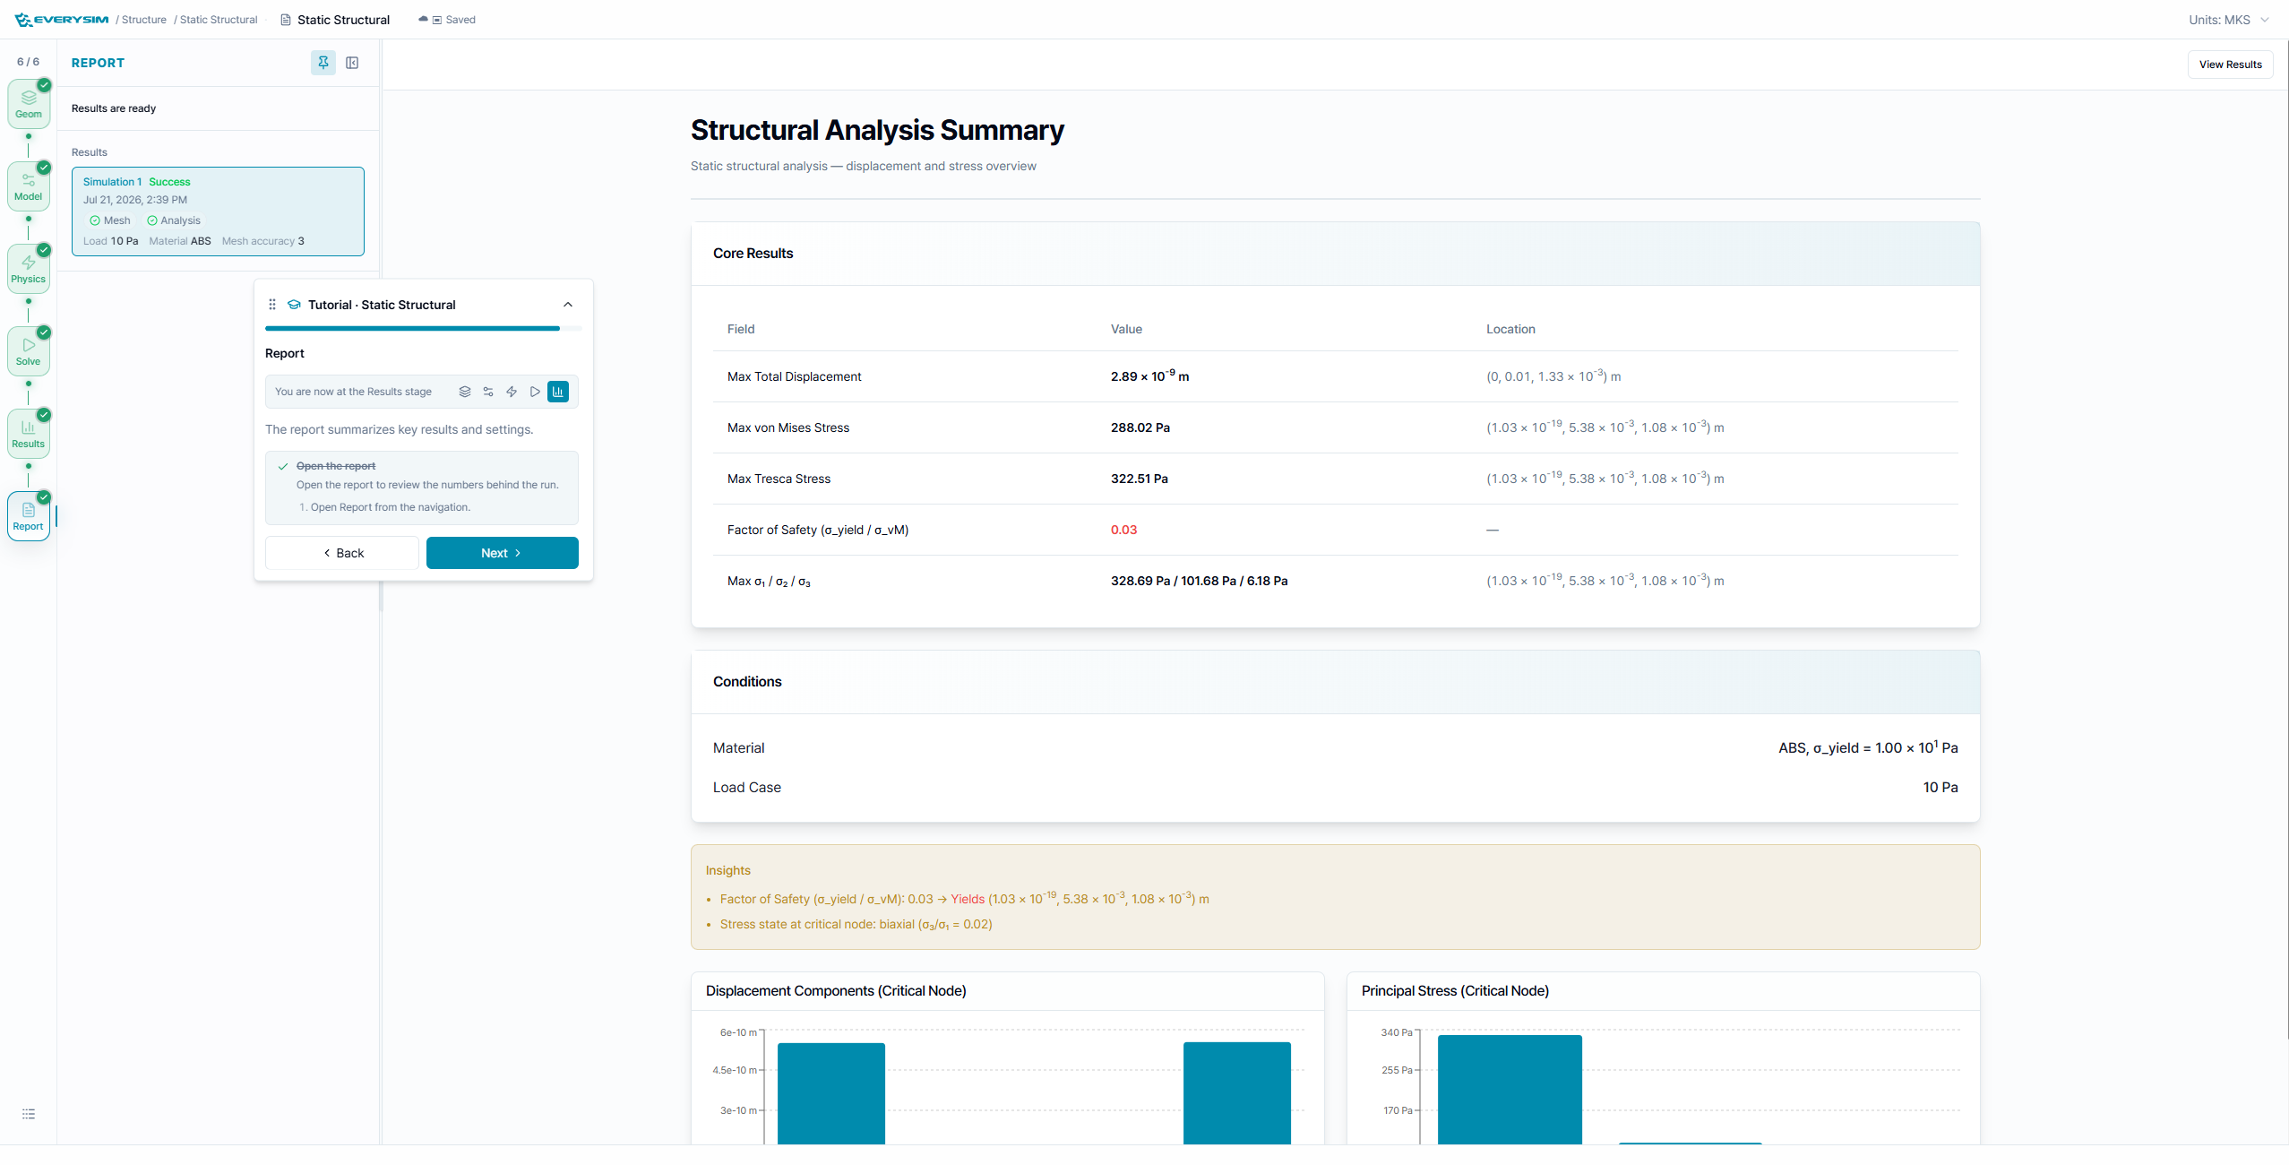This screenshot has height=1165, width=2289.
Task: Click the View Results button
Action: coord(2230,65)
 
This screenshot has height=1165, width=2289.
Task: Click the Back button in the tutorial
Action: coord(342,553)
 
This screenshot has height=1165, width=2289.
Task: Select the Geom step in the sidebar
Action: coord(29,104)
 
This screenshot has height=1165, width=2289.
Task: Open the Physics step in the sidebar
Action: coord(29,269)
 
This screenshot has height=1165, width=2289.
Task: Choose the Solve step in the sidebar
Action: coord(29,351)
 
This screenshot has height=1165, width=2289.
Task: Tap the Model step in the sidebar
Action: coord(29,186)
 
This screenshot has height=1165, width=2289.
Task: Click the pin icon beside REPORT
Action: coord(323,63)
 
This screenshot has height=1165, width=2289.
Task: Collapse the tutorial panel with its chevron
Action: coord(568,305)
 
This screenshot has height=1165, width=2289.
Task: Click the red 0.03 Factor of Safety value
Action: coord(1123,530)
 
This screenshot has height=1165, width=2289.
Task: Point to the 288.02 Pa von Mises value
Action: coord(1140,427)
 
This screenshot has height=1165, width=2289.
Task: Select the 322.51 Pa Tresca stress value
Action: coord(1139,479)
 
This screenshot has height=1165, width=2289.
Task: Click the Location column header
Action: coord(1510,329)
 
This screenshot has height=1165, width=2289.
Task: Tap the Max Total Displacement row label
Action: coord(794,376)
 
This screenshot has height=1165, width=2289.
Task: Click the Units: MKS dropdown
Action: coord(2228,20)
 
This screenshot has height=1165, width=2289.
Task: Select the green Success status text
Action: coord(169,182)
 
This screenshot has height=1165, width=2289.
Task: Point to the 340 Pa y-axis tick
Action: coord(1396,1032)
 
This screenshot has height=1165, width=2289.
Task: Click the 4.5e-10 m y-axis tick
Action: coord(735,1070)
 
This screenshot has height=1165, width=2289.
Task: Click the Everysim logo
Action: coord(62,20)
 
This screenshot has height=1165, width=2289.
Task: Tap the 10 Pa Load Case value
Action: coord(1940,787)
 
